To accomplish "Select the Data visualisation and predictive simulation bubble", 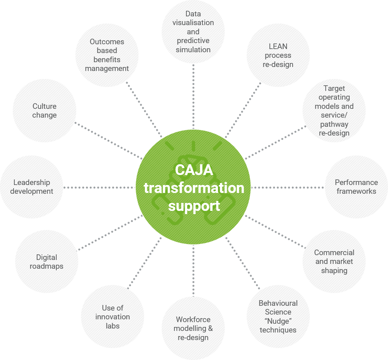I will point(193,32).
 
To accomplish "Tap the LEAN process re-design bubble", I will point(278,55).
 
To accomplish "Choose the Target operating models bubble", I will point(334,111).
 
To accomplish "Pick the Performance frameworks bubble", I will point(356,187).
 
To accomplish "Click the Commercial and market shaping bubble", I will point(334,262).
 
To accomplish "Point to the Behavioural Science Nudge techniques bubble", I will point(278,317).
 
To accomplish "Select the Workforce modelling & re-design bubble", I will point(193,328).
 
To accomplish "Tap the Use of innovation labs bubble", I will point(113,317).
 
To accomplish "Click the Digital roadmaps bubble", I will point(47,262).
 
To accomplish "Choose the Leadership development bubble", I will point(32,187).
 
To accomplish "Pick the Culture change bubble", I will point(44,111).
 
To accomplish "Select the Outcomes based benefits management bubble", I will point(107,55).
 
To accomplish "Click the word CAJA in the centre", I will point(194,170).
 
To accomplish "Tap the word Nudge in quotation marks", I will point(278,321).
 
